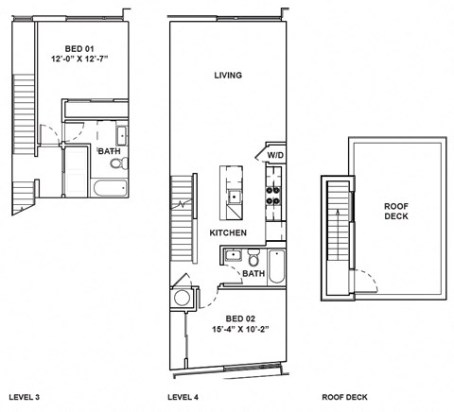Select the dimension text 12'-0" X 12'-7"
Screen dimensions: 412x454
click(80, 59)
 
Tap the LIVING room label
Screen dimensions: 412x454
click(228, 76)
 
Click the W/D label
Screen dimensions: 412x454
click(276, 154)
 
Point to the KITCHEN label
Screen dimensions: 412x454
click(228, 232)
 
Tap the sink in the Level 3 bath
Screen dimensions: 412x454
click(123, 133)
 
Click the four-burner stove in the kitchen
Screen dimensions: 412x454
click(272, 195)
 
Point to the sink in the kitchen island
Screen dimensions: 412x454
click(232, 197)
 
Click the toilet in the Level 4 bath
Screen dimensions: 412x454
click(254, 257)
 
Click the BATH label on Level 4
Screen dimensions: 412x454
click(253, 274)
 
